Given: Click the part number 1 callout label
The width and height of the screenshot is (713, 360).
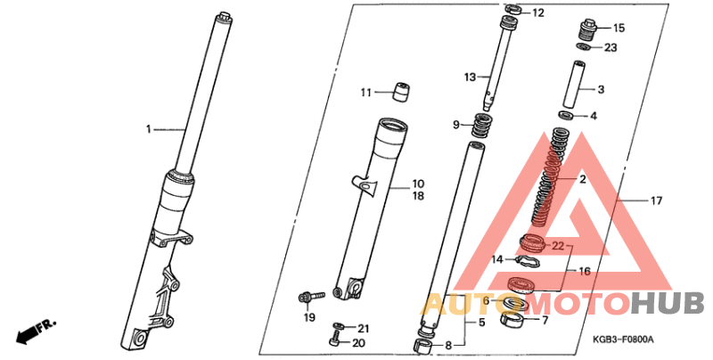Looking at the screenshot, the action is point(148,129).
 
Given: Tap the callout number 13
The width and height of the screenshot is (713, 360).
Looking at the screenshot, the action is point(470,78).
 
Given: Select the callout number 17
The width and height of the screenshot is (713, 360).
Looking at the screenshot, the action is point(656,200).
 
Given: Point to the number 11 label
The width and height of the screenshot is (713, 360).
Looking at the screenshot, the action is point(366,93).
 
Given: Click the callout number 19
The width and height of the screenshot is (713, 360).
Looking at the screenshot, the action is point(309,317).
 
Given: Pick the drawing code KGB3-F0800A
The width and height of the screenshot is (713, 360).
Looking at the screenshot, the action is point(623,340).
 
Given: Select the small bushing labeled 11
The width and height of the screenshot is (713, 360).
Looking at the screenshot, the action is point(400,93).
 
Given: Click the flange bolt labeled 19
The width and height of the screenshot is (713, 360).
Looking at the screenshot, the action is point(311,297).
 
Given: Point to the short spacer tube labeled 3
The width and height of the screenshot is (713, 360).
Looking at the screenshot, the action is point(572,83).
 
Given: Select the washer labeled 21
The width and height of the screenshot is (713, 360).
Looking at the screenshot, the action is point(339,326).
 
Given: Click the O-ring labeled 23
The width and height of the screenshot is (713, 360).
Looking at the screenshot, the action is point(584,46).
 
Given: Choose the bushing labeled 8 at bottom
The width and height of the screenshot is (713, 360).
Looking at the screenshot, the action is point(422,346).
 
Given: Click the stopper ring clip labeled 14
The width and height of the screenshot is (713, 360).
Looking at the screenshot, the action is point(529,261).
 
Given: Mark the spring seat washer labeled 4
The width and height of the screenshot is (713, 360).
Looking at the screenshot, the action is point(567,115).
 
